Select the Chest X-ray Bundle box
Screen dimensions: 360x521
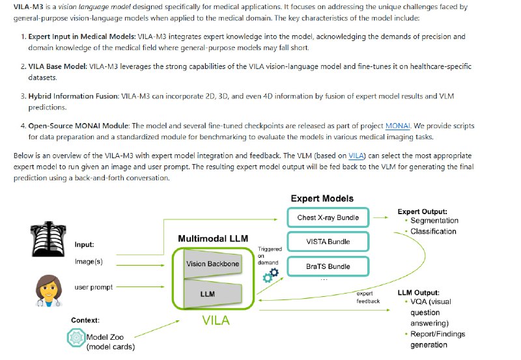pyautogui.click(x=328, y=217)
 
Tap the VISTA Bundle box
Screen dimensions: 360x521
pyautogui.click(x=328, y=242)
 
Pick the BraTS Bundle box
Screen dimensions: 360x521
pyautogui.click(x=328, y=266)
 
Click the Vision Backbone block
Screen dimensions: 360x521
pyautogui.click(x=212, y=264)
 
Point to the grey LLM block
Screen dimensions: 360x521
pyautogui.click(x=208, y=294)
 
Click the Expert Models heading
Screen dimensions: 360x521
pyautogui.click(x=322, y=198)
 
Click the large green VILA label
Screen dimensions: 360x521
pyautogui.click(x=216, y=320)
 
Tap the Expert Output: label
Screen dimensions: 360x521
pyautogui.click(x=423, y=212)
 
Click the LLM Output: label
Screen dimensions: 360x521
pyautogui.click(x=418, y=292)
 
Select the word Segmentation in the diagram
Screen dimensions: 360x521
pyautogui.click(x=434, y=221)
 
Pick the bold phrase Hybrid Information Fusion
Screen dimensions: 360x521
pyautogui.click(x=73, y=96)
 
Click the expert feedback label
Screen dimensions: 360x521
pyautogui.click(x=368, y=297)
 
